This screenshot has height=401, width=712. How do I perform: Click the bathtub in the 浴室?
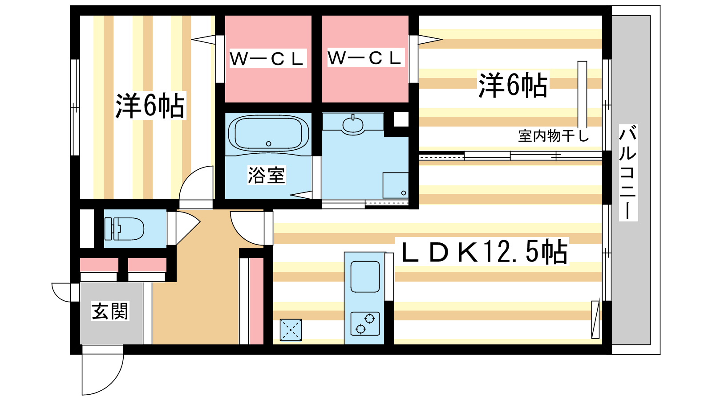tap(268, 133)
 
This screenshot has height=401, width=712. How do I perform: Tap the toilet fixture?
tap(124, 229)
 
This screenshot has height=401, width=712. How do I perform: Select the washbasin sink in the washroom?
tap(353, 124)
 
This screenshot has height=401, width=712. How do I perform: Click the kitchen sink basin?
tap(365, 277)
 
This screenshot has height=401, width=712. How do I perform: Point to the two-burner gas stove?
tap(365, 323)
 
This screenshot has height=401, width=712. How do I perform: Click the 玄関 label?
tap(110, 311)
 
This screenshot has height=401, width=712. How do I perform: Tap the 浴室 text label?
tap(267, 175)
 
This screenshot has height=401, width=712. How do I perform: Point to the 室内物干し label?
tap(554, 136)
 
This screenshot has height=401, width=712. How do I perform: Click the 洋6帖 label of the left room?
tap(150, 105)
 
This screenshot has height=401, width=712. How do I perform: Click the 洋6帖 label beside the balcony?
tap(513, 85)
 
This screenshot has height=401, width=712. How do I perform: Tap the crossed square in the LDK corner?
tap(291, 330)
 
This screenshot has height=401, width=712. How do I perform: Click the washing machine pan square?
tap(396, 185)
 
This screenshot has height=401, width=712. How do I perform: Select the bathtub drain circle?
tap(269, 144)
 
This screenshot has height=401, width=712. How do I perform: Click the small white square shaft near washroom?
tap(401, 120)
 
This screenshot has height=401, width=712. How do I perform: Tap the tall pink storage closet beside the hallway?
tap(256, 301)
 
